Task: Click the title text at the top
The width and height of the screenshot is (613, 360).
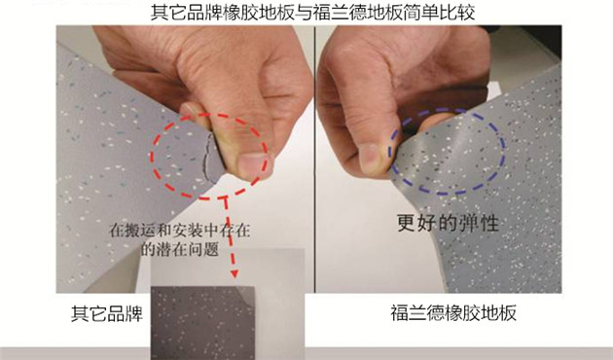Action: pyautogui.click(x=312, y=12)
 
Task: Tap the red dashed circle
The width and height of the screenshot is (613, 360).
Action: pyautogui.click(x=152, y=157)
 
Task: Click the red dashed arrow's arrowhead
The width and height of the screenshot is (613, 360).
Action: pyautogui.click(x=234, y=272)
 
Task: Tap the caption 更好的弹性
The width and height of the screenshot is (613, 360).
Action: pyautogui.click(x=448, y=223)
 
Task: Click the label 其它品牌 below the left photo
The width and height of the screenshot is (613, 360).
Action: pyautogui.click(x=107, y=313)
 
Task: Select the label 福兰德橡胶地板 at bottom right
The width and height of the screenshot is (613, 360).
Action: pyautogui.click(x=453, y=312)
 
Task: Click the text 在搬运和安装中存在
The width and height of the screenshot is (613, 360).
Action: pyautogui.click(x=179, y=231)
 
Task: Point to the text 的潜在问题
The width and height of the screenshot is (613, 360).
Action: pyautogui.click(x=179, y=249)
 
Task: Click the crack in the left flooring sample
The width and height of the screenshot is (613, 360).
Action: pyautogui.click(x=208, y=159)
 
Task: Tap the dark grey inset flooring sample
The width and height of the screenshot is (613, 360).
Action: pyautogui.click(x=202, y=323)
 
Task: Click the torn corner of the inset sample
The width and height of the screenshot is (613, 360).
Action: pyautogui.click(x=245, y=293)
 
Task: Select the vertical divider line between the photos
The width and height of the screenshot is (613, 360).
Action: pyautogui.click(x=314, y=160)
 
